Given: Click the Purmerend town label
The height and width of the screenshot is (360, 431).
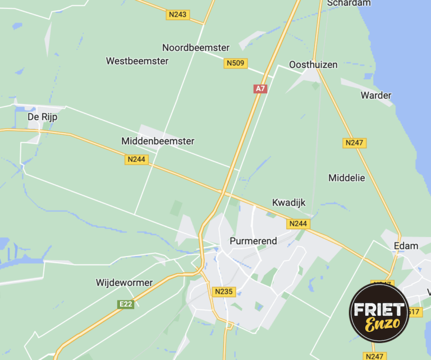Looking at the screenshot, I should tap(253, 241).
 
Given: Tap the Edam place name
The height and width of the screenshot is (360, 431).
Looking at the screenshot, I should tap(406, 245).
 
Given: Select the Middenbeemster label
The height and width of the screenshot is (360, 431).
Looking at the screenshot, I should tap(158, 141).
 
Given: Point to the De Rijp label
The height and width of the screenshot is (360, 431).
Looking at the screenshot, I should tap(43, 117).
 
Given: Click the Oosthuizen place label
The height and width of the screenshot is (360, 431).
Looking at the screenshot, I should tap(313, 65).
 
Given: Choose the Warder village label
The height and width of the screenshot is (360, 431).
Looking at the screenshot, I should tap(376, 95).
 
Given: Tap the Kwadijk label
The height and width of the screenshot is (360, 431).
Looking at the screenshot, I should tap(288, 203).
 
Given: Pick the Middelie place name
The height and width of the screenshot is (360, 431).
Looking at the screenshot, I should tap(346, 177).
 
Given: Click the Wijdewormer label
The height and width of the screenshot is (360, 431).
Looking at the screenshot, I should tap(124, 282).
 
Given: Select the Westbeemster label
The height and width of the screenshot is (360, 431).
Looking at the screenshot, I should tap(137, 61).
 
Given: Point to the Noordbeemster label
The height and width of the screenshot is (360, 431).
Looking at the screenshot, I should tap(196, 48).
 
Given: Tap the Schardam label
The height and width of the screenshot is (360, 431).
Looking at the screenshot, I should tap(349, 3).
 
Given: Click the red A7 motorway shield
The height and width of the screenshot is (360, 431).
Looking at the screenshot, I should tap(260, 89).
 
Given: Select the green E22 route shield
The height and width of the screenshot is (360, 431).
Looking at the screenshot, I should tap(126, 304).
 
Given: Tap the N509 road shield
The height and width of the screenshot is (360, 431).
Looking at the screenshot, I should tap(236, 63).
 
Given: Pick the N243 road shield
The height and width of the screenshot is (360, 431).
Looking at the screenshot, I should tap(177, 15).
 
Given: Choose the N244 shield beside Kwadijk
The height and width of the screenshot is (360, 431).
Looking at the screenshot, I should tap(299, 224).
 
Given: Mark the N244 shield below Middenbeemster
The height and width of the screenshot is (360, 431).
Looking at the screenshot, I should tap(136, 160).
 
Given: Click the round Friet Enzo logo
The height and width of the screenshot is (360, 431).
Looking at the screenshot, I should tap(379, 313).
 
